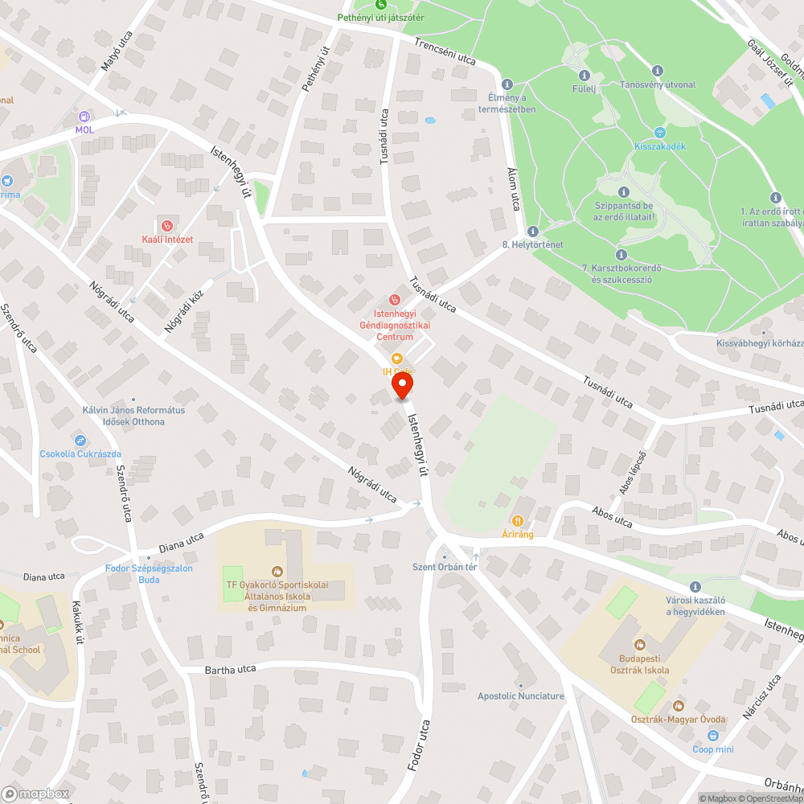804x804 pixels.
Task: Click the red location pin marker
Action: [402, 387]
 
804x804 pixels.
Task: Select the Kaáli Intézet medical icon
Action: [167, 226]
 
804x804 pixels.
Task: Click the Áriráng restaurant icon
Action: [518, 521]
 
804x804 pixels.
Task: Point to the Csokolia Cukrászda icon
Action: [80, 440]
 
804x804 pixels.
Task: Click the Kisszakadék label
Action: [659, 146]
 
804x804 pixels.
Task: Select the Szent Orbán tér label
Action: [445, 567]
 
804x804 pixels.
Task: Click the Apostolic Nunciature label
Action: [521, 696]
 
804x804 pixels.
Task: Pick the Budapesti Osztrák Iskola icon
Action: [639, 644]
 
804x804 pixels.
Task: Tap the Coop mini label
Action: [713, 749]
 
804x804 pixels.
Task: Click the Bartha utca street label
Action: [230, 669]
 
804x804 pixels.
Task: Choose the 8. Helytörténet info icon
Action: [532, 232]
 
